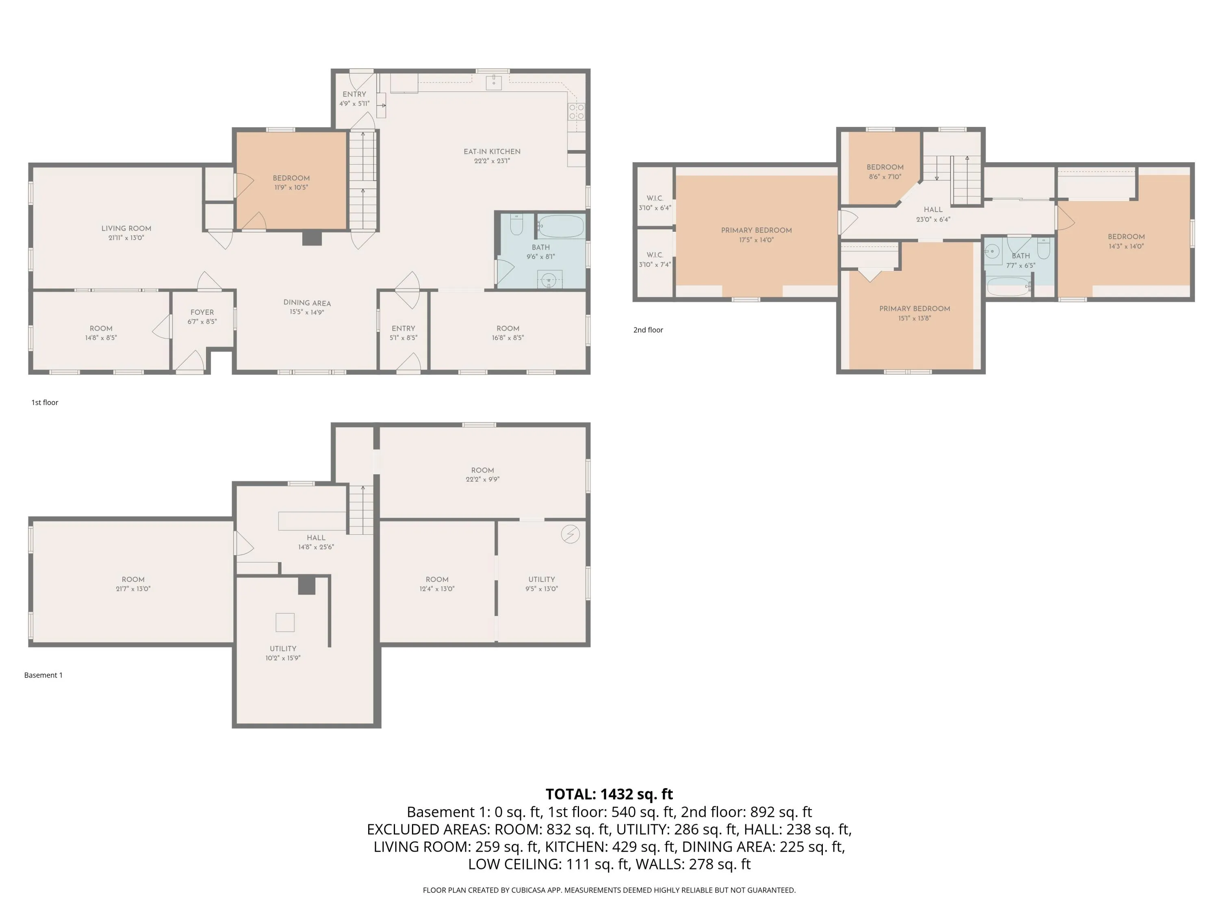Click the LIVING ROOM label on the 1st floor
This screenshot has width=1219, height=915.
[x=126, y=228]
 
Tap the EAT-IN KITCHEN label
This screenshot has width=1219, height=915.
[x=492, y=152]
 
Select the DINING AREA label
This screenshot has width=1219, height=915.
[x=307, y=303]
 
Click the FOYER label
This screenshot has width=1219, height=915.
[x=202, y=312]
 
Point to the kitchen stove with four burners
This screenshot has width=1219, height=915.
[x=577, y=112]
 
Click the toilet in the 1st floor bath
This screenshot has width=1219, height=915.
[x=516, y=224]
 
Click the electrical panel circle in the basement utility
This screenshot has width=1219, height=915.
[x=570, y=534]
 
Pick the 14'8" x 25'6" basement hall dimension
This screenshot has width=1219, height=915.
[x=316, y=547]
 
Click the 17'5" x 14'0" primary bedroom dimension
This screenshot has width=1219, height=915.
[x=757, y=240]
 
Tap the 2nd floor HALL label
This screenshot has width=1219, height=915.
[x=933, y=209]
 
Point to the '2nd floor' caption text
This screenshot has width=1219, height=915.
[x=648, y=330]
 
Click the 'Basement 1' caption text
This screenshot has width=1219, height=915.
[x=43, y=675]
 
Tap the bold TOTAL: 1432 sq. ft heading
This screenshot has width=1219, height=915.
[x=609, y=794]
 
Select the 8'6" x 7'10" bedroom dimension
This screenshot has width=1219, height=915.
[x=885, y=177]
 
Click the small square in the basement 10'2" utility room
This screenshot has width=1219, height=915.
[x=285, y=623]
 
